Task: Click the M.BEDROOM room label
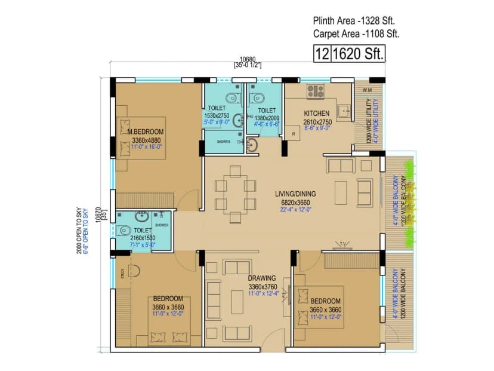click(x=145, y=131)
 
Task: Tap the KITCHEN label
click(x=316, y=113)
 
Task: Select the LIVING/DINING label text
click(x=295, y=194)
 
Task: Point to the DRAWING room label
click(x=262, y=278)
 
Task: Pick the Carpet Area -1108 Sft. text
click(x=356, y=34)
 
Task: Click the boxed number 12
click(x=322, y=54)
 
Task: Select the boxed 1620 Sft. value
click(x=357, y=54)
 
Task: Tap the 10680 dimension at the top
click(x=248, y=59)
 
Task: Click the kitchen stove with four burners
click(x=315, y=91)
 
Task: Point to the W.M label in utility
click(x=367, y=91)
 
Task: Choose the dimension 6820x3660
click(x=295, y=202)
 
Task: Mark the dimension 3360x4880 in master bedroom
click(x=146, y=141)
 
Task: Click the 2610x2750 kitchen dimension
click(x=316, y=121)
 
